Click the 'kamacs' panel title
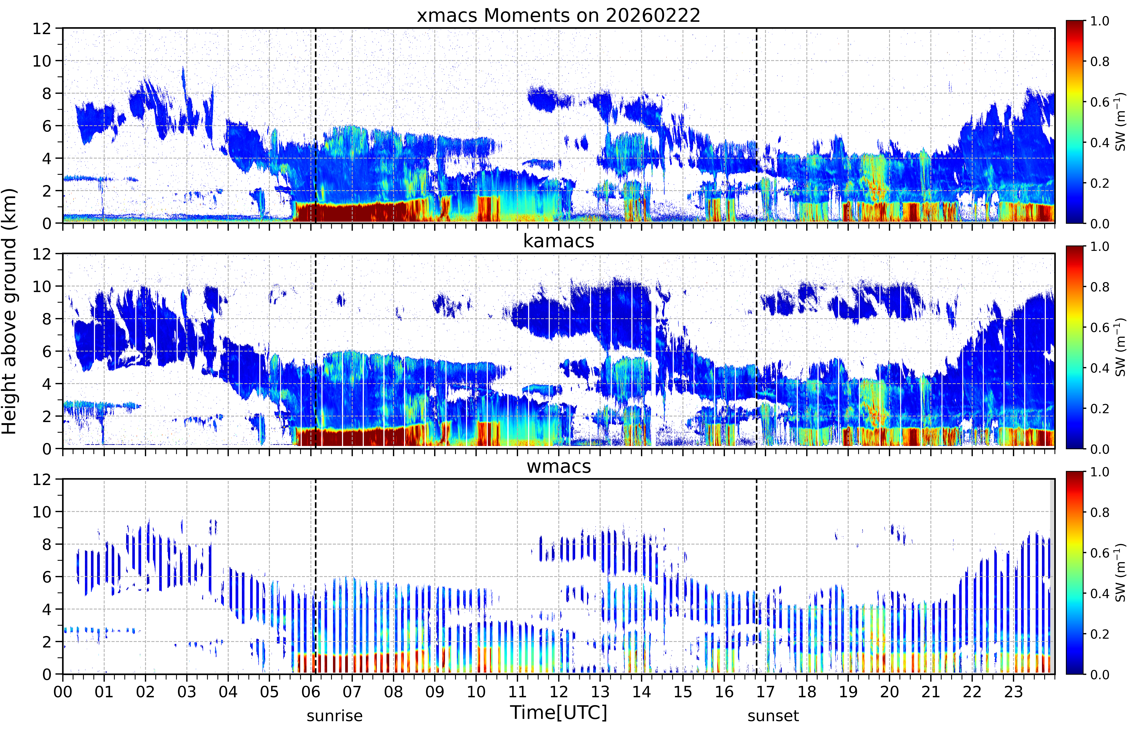click(558, 241)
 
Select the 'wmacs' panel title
click(558, 466)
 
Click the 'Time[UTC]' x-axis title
click(558, 712)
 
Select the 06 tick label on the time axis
click(311, 692)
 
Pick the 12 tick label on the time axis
click(559, 692)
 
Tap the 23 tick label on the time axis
click(1013, 692)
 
